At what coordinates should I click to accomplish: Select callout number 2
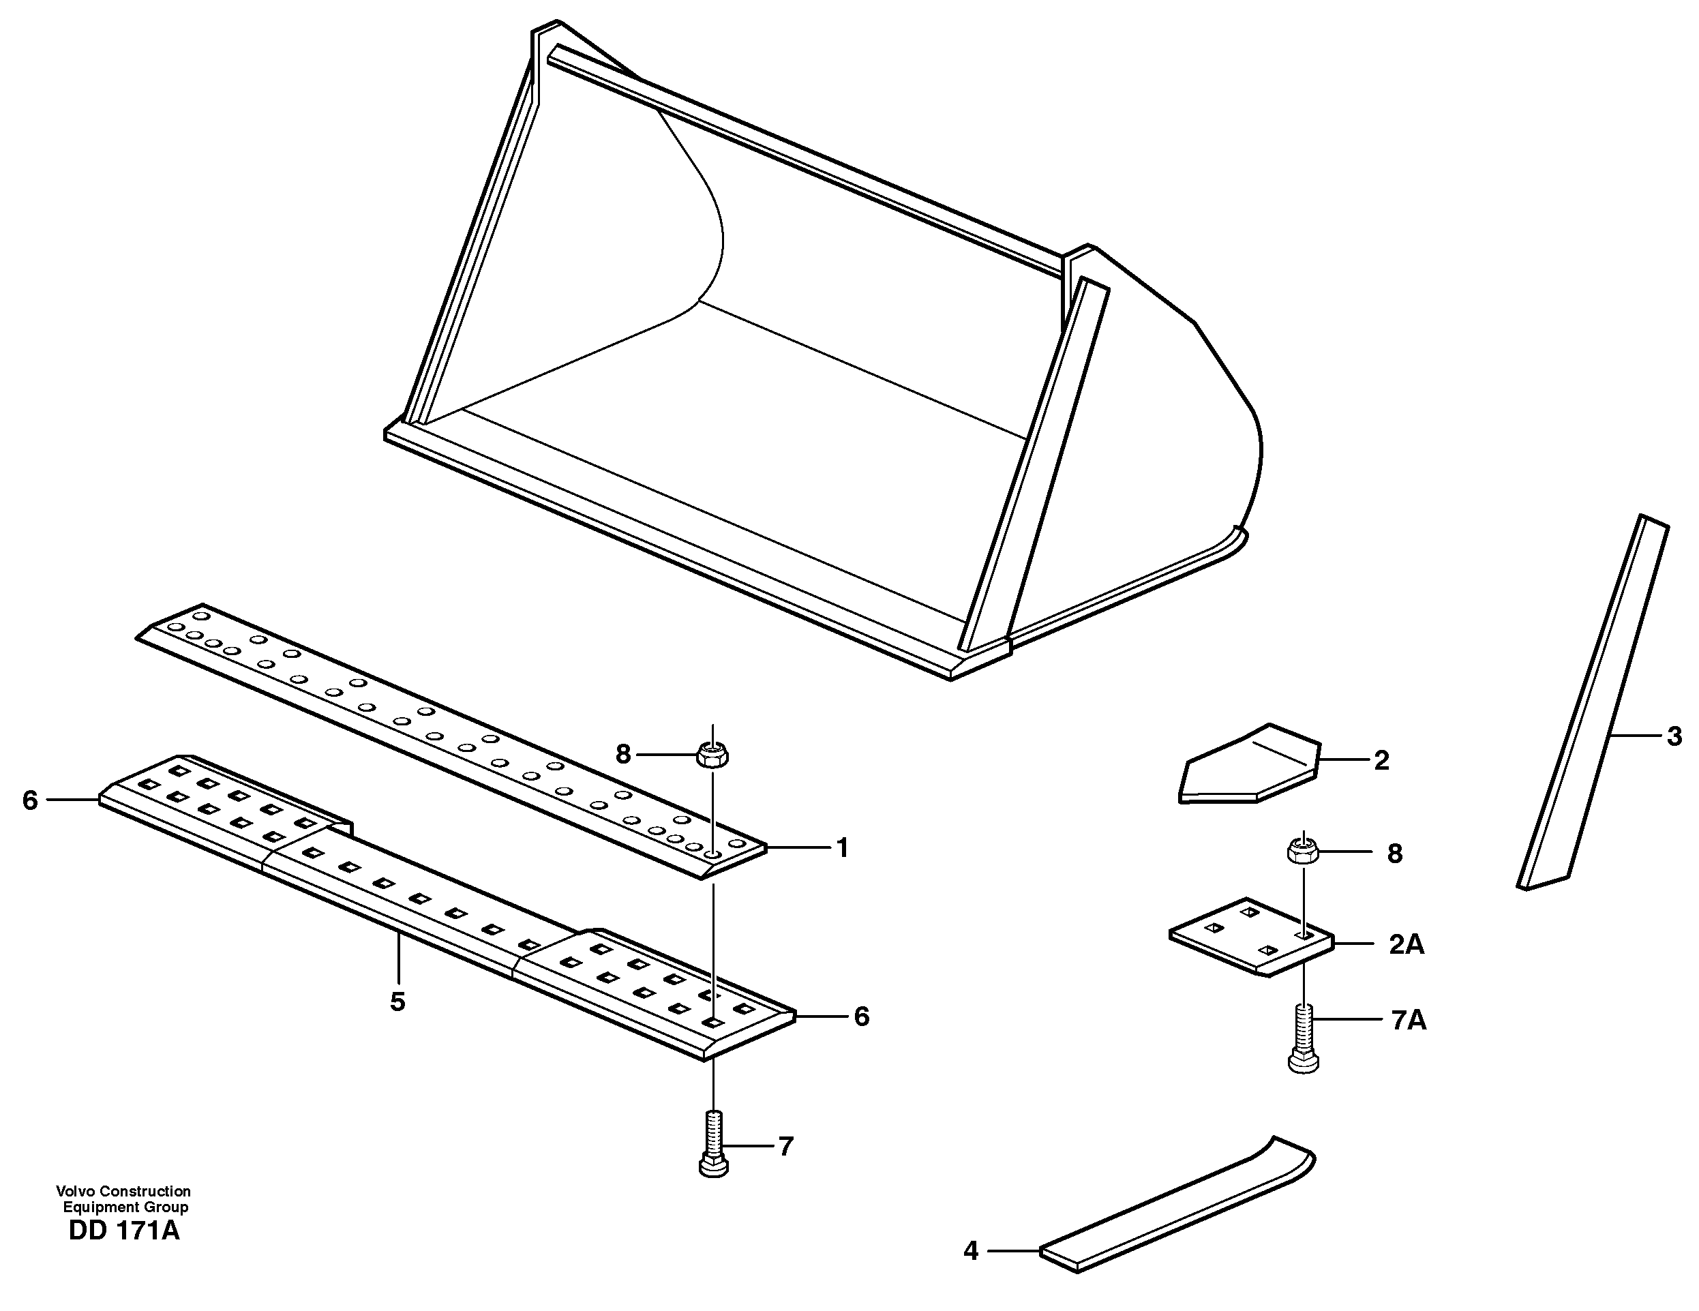pyautogui.click(x=1381, y=761)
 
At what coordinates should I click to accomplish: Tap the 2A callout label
pyautogui.click(x=1407, y=944)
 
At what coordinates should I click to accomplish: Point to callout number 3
pyautogui.click(x=1674, y=736)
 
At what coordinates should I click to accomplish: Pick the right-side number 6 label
pyautogui.click(x=861, y=1016)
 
